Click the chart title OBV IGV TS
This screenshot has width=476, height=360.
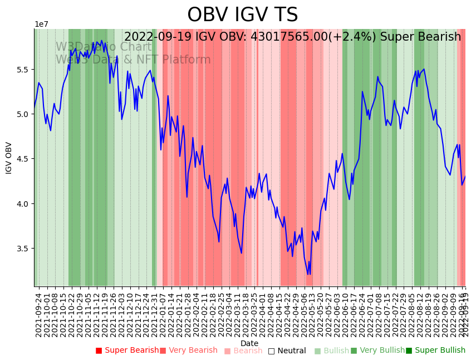(x=242, y=15)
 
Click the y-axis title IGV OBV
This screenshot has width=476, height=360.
(x=9, y=158)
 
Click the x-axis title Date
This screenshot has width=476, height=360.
(x=249, y=343)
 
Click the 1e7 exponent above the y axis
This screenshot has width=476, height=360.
(x=41, y=24)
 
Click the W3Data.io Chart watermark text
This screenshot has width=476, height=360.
(x=104, y=47)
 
